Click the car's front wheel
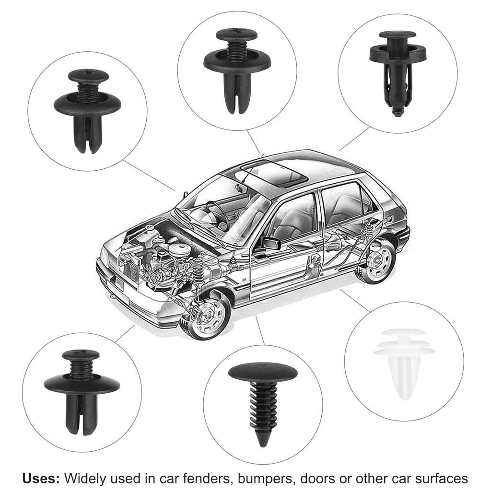click(x=208, y=317)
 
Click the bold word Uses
click(x=41, y=479)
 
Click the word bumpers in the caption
click(x=267, y=479)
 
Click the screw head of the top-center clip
click(x=236, y=35)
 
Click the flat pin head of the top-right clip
click(x=397, y=35)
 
